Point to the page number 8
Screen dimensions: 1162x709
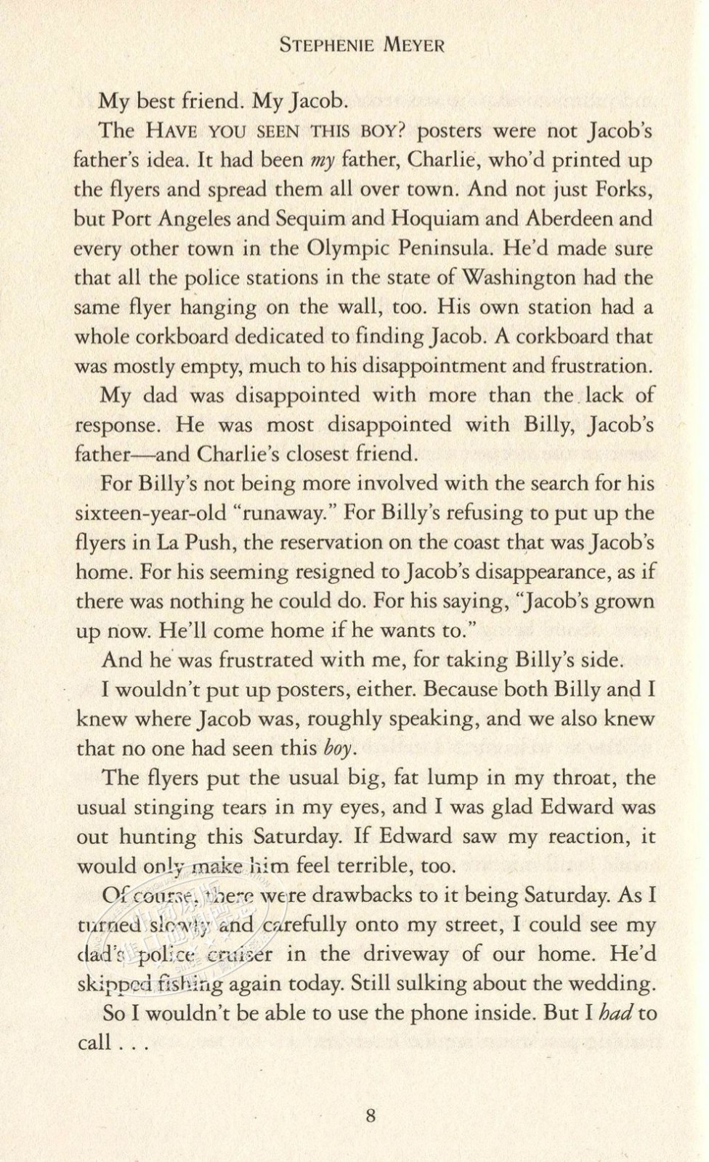click(370, 1115)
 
